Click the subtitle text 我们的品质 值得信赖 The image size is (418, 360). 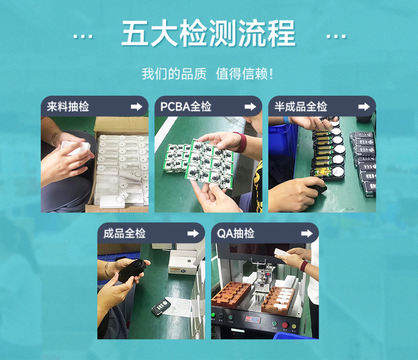point(207,73)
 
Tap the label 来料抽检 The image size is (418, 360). point(68,106)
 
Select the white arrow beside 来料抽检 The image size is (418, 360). point(137,106)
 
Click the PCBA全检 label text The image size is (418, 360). point(186,106)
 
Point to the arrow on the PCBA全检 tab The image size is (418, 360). point(250,106)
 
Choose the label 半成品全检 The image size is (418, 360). point(301,106)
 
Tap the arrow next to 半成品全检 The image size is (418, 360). point(364,106)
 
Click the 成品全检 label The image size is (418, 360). point(124,233)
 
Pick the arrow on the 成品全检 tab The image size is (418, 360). point(193,233)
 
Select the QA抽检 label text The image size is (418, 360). point(236,233)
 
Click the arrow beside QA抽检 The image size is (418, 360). point(307,233)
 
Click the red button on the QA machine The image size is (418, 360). point(284,325)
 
